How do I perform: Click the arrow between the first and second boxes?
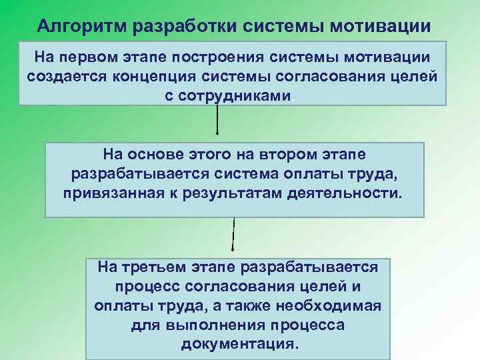218,123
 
